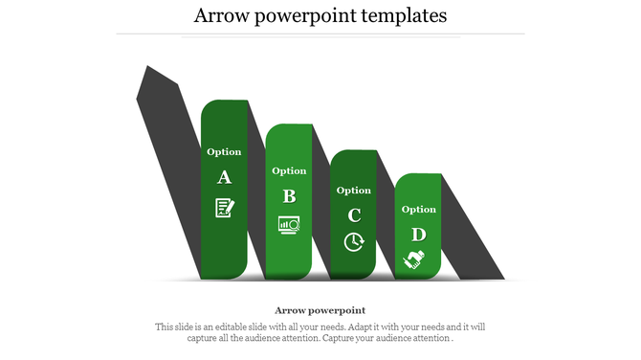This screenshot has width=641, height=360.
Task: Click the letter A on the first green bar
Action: tap(224, 177)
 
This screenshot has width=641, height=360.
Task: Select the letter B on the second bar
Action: tap(289, 196)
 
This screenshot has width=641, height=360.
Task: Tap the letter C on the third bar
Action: tap(354, 214)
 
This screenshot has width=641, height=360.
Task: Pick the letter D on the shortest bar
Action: tap(418, 234)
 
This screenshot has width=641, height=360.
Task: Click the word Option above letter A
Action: tap(224, 151)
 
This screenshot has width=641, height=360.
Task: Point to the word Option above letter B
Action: tap(289, 171)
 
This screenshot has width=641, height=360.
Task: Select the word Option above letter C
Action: tap(354, 191)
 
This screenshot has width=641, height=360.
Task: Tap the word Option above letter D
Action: tap(418, 209)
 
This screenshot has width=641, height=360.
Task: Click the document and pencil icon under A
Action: tap(224, 206)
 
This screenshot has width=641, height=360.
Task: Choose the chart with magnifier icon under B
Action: tap(289, 224)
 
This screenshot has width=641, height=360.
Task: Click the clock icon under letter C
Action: tap(354, 241)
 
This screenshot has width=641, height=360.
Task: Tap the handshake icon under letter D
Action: tap(414, 259)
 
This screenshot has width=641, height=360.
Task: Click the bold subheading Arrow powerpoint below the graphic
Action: tap(320, 310)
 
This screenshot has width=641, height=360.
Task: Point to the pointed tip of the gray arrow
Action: tap(147, 68)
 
